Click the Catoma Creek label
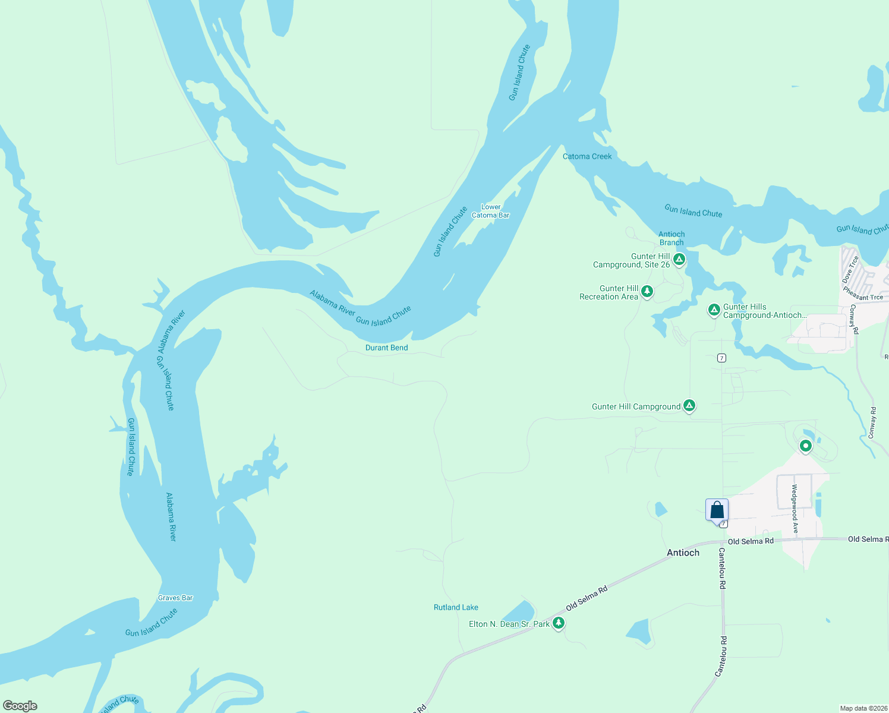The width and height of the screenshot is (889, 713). point(587,156)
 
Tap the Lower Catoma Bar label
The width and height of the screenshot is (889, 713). point(490,212)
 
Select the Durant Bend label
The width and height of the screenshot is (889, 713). point(386,348)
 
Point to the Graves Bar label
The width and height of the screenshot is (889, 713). point(175,598)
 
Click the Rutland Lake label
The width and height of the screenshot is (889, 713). point(456,607)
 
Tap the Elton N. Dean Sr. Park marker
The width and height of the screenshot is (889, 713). point(558,623)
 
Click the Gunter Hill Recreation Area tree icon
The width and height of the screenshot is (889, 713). point(647,291)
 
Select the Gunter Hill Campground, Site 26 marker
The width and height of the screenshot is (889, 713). point(679,259)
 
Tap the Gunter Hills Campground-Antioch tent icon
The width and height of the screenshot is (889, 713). point(714,310)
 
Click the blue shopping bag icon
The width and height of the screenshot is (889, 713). point(717,510)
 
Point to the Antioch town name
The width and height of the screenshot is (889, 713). point(683,553)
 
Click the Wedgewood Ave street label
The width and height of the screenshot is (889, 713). point(795,508)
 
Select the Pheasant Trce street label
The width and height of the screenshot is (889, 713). point(863,294)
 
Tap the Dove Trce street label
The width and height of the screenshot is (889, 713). point(850,269)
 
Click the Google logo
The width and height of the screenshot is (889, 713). point(20,706)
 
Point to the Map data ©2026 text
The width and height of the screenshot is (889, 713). point(863,708)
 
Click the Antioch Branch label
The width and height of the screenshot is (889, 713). point(672,238)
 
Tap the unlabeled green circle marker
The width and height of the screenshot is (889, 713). point(805,446)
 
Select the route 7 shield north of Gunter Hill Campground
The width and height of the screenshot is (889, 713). point(721,358)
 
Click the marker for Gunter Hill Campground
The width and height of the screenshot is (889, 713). point(689,406)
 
